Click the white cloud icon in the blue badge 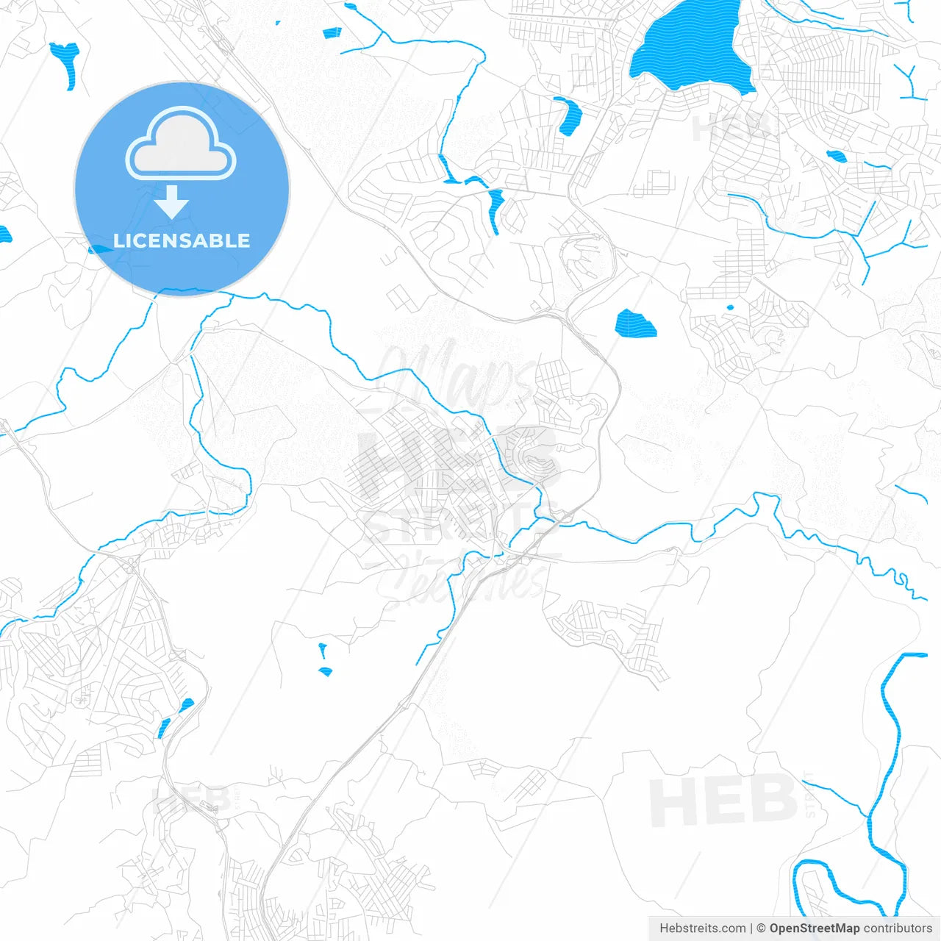[181, 145]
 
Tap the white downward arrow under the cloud [172, 202]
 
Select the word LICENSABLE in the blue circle [182, 240]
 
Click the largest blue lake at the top [691, 46]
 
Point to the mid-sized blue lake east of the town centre [635, 323]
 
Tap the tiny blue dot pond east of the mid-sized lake [730, 307]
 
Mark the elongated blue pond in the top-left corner [66, 62]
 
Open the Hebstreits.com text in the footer [702, 929]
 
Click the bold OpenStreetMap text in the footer [814, 929]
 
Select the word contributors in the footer [898, 929]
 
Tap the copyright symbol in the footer [761, 929]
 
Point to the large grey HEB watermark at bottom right [723, 801]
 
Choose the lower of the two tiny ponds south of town [325, 671]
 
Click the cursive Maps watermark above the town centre [456, 375]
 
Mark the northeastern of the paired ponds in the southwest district [187, 705]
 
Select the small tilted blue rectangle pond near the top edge [332, 32]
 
